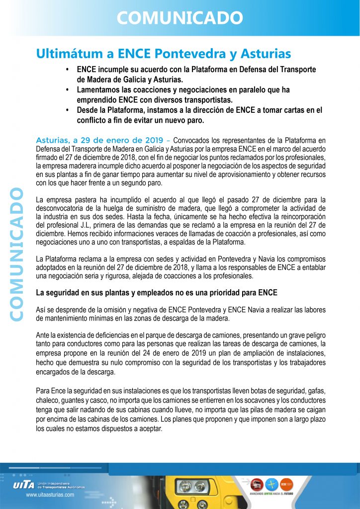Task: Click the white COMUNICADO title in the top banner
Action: tap(180, 18)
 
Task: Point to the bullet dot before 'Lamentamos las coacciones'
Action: tap(67, 90)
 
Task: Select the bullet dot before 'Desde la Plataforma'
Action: tap(67, 110)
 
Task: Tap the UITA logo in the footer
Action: tap(24, 485)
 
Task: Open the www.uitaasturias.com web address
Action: tap(50, 495)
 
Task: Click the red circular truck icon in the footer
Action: tap(257, 483)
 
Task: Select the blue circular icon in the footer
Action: tap(271, 483)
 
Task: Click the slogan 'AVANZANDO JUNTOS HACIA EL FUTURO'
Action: tap(271, 494)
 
